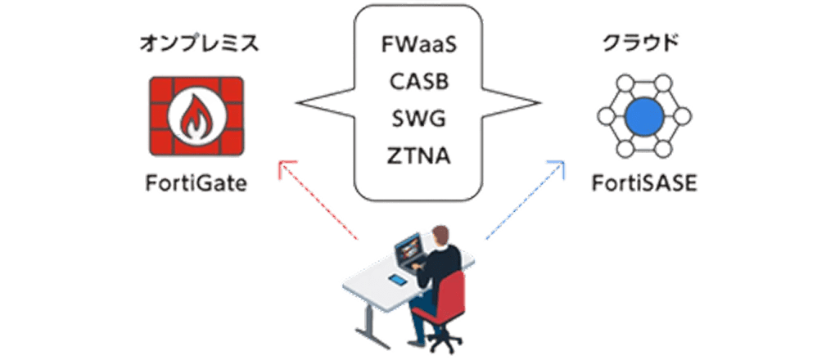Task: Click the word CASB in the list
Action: [x=418, y=83]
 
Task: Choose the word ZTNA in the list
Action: [x=418, y=155]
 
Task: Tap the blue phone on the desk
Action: [x=398, y=281]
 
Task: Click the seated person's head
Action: [x=440, y=236]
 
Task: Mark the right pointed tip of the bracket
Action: [x=543, y=104]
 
